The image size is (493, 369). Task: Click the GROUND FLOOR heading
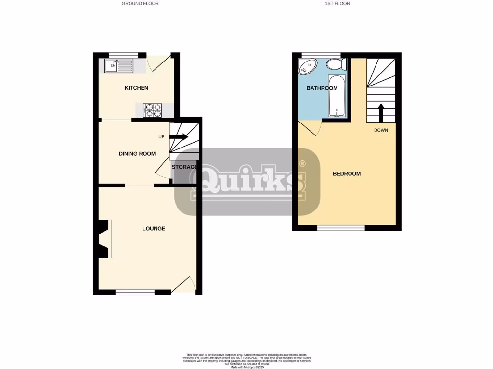(x=140, y=3)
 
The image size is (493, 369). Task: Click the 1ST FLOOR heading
(x=337, y=3)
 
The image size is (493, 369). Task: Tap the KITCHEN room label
(x=136, y=88)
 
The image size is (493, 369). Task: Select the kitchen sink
(x=118, y=65)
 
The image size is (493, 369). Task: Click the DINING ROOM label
(x=137, y=154)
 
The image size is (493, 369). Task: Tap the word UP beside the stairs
(x=162, y=137)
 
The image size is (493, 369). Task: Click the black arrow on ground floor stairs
(x=179, y=137)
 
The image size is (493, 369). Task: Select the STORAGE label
(x=184, y=167)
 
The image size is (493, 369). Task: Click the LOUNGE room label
(x=154, y=228)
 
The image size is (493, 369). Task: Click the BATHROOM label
(x=322, y=88)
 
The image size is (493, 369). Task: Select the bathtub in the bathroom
(x=337, y=96)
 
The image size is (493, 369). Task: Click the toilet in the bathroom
(x=336, y=64)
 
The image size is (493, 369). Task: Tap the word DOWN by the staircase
(x=381, y=130)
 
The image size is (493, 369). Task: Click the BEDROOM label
(x=347, y=174)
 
